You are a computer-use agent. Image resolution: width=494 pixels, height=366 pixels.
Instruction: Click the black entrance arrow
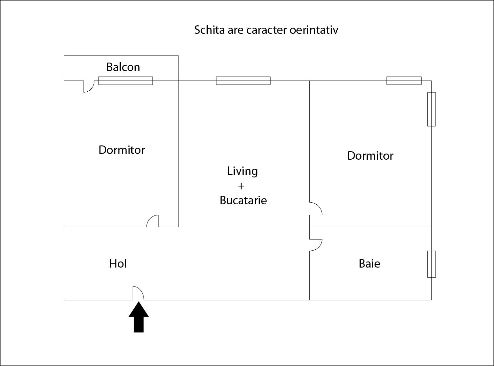pos(139,318)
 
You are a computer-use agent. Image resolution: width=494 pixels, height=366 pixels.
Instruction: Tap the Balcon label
pos(123,67)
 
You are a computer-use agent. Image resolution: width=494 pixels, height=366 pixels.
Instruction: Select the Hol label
pos(118,264)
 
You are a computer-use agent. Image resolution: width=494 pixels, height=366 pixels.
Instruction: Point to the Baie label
pos(369,264)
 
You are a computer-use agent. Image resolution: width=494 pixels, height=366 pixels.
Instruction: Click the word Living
pos(242,171)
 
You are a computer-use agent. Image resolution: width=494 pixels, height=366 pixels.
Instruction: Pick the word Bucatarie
pos(243,200)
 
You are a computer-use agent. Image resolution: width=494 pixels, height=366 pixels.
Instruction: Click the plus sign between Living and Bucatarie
pos(241,186)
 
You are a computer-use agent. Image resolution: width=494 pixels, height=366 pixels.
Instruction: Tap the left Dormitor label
pos(122,150)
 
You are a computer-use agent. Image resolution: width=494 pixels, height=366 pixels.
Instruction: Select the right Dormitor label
pos(370,156)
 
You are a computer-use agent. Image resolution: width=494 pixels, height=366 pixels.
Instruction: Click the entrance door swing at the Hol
pos(138,293)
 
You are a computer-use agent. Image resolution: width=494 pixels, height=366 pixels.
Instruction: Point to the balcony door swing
pos(89,86)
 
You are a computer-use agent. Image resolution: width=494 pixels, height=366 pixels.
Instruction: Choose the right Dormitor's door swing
pos(316,209)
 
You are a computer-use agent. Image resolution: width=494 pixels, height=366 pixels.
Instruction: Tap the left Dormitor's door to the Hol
pos(153,221)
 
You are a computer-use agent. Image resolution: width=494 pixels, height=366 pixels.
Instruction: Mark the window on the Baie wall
pos(431,264)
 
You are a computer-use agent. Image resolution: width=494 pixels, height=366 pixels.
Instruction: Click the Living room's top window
pos(243,81)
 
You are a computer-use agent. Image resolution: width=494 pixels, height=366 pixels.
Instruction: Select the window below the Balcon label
pos(126,81)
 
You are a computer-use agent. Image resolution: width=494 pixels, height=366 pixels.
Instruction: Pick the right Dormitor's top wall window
pos(404,81)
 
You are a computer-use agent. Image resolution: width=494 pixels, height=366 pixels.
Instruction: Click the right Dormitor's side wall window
pos(431,109)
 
